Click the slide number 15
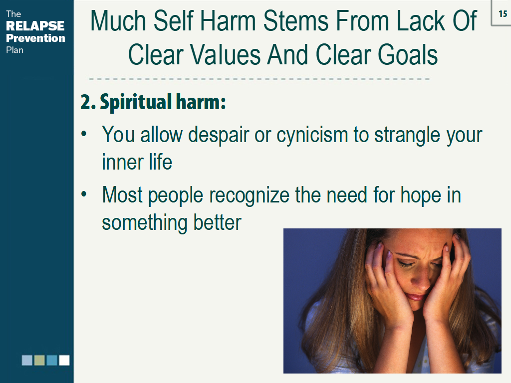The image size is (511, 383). pos(502,14)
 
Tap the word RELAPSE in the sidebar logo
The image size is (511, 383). pos(35,25)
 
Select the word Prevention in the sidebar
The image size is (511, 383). pos(35,38)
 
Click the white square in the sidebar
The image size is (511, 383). pos(64,360)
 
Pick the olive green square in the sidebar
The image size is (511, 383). pos(39,360)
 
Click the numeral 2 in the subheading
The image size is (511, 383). pos(86,102)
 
